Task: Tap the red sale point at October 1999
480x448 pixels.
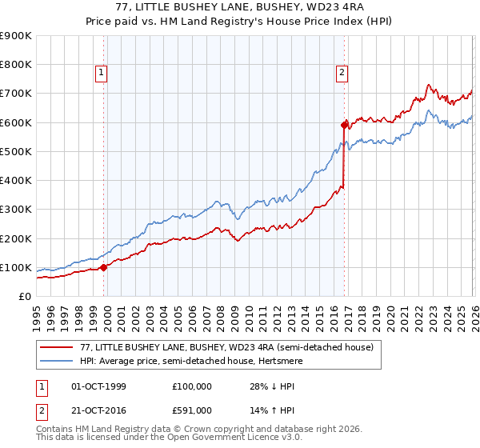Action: [x=104, y=267]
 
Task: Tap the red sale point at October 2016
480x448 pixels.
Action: [x=344, y=125]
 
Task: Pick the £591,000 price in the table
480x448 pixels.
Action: [x=192, y=410]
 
